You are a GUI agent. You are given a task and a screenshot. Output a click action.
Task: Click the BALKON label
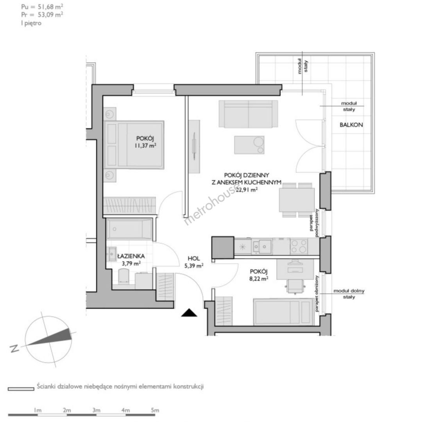[351, 125]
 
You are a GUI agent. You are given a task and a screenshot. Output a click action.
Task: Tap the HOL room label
[193, 258]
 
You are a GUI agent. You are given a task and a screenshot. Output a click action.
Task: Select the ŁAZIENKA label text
[131, 256]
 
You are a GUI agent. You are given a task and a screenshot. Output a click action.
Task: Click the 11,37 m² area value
[145, 145]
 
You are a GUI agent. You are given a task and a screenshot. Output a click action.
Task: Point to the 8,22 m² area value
[258, 279]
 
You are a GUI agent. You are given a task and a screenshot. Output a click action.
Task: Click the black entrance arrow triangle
[189, 313]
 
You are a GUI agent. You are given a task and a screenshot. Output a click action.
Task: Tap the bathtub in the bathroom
[129, 229]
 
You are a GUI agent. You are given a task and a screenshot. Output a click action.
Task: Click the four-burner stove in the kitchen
[299, 246]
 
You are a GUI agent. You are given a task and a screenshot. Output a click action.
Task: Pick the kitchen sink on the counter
[262, 246]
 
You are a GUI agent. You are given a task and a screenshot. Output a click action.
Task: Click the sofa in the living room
[248, 114]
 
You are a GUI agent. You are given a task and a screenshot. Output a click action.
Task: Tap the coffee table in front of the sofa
[249, 145]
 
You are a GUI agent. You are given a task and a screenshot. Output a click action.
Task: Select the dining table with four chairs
[297, 200]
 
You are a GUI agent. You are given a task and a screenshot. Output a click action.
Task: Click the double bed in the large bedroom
[134, 145]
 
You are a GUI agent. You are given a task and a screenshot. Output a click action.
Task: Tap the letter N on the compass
[14, 349]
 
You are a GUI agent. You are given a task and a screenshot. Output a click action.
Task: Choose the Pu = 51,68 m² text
[42, 7]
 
